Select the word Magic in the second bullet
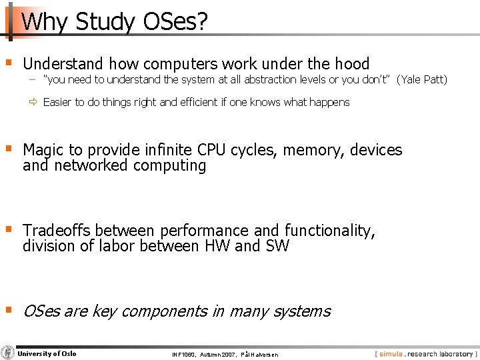(43, 150)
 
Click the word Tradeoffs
(57, 231)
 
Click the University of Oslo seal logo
(8, 353)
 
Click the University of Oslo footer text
(47, 353)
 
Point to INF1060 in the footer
(184, 355)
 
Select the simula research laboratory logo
(425, 354)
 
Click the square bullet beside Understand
(8, 63)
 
